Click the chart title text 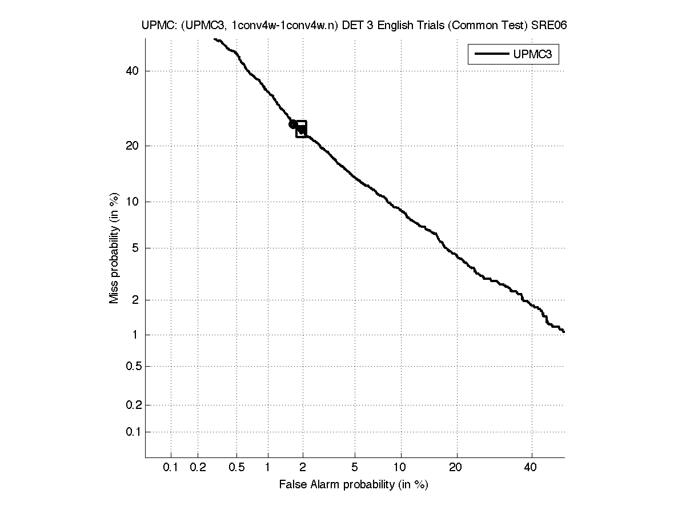354,26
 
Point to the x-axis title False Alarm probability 354,485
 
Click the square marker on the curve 301,129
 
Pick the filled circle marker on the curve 292,124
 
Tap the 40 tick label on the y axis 132,71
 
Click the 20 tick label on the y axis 132,146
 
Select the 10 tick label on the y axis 132,202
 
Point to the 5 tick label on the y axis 135,248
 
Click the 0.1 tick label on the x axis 171,467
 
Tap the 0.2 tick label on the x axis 198,467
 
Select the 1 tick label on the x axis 267,467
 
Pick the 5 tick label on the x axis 355,467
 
